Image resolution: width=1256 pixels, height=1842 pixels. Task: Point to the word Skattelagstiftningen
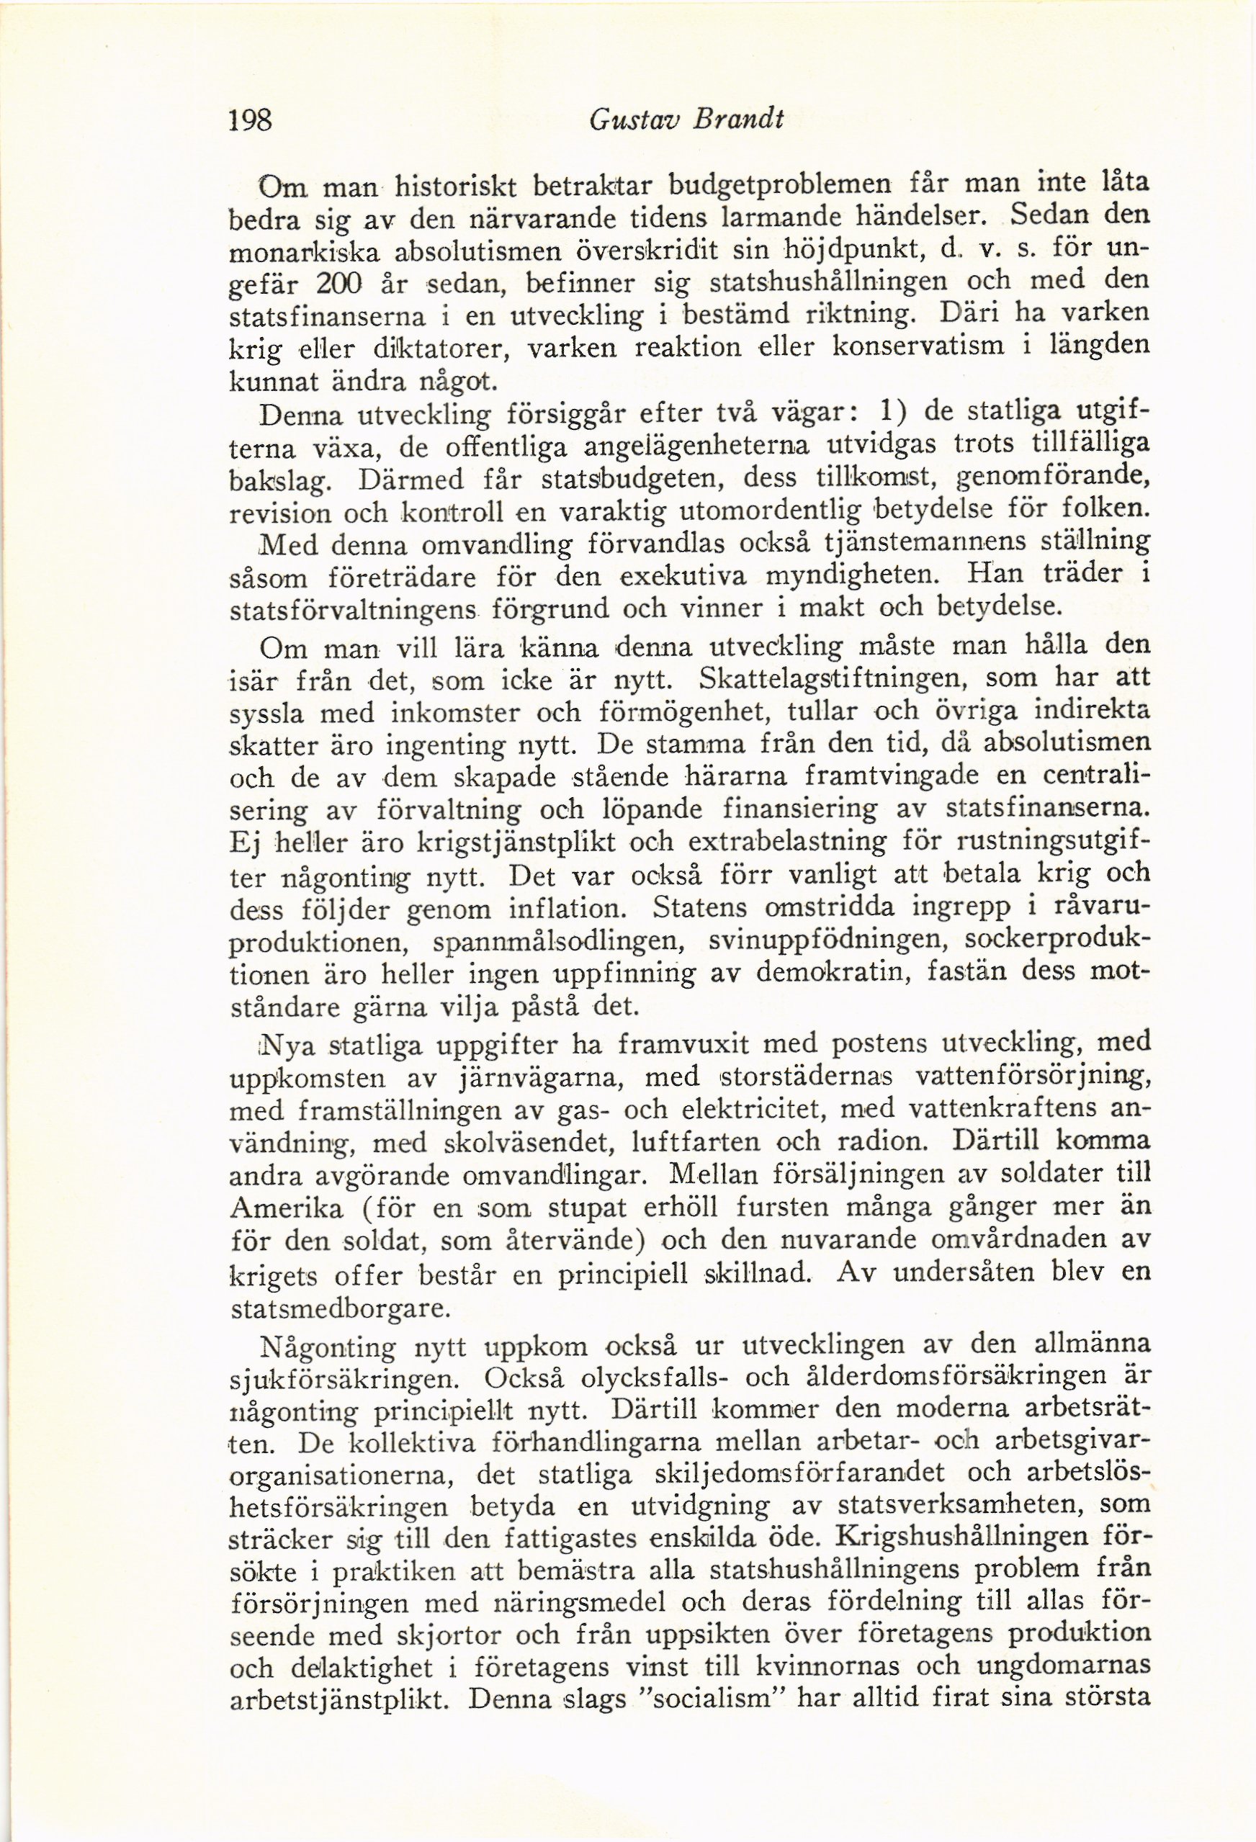point(832,679)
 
